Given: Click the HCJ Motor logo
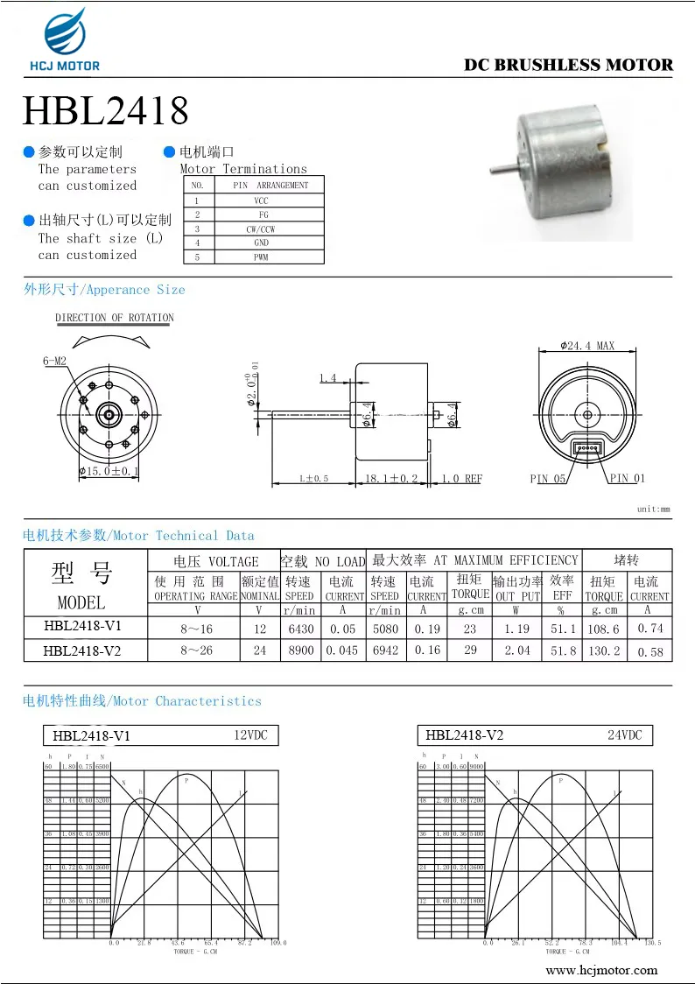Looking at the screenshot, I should coord(66,39).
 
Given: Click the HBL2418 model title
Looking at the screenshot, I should coord(105,111).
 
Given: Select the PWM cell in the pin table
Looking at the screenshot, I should coord(262,257).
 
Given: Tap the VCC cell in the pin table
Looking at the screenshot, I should coord(262,200).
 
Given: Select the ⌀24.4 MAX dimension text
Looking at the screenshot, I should coord(587,346).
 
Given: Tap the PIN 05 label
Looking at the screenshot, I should coord(548,479).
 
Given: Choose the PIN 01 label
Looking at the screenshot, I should coord(627,479).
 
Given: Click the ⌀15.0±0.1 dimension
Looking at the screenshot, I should coord(109,472).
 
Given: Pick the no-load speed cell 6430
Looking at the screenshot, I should coord(299,629).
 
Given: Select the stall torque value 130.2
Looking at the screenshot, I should coord(604,650).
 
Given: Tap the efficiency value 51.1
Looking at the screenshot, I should coord(562,629).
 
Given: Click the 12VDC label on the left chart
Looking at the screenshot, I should coord(249,735).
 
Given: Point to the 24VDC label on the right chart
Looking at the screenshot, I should coord(624,735).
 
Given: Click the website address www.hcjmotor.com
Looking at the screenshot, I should coord(601,970).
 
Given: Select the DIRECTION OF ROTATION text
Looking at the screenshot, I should coord(115,318).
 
